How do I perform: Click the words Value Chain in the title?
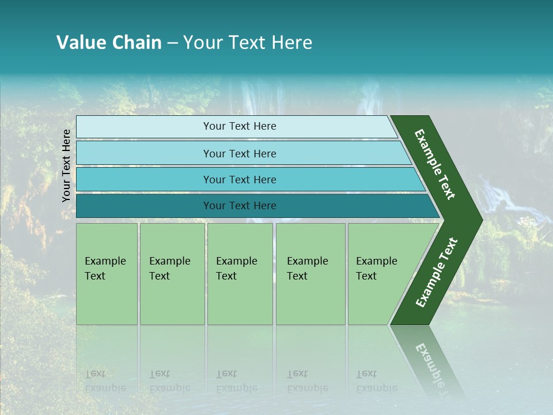click(x=109, y=43)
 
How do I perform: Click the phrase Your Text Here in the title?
click(x=248, y=43)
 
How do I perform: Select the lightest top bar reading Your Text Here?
click(x=239, y=126)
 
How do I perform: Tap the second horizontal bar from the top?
click(x=239, y=153)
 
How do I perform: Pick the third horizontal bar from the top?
click(x=239, y=179)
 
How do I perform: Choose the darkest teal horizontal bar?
click(x=239, y=206)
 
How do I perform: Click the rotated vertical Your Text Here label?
click(x=66, y=165)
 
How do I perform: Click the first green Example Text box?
click(x=107, y=274)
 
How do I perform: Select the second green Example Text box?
click(x=172, y=274)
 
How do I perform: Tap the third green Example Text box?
click(x=239, y=274)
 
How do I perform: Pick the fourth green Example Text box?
click(x=310, y=274)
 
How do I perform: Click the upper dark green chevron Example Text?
click(x=435, y=164)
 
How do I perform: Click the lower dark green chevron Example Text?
click(x=437, y=273)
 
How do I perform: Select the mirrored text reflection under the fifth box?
click(x=376, y=381)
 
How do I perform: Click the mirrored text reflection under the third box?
click(x=236, y=381)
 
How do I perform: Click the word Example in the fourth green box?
click(x=307, y=261)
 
